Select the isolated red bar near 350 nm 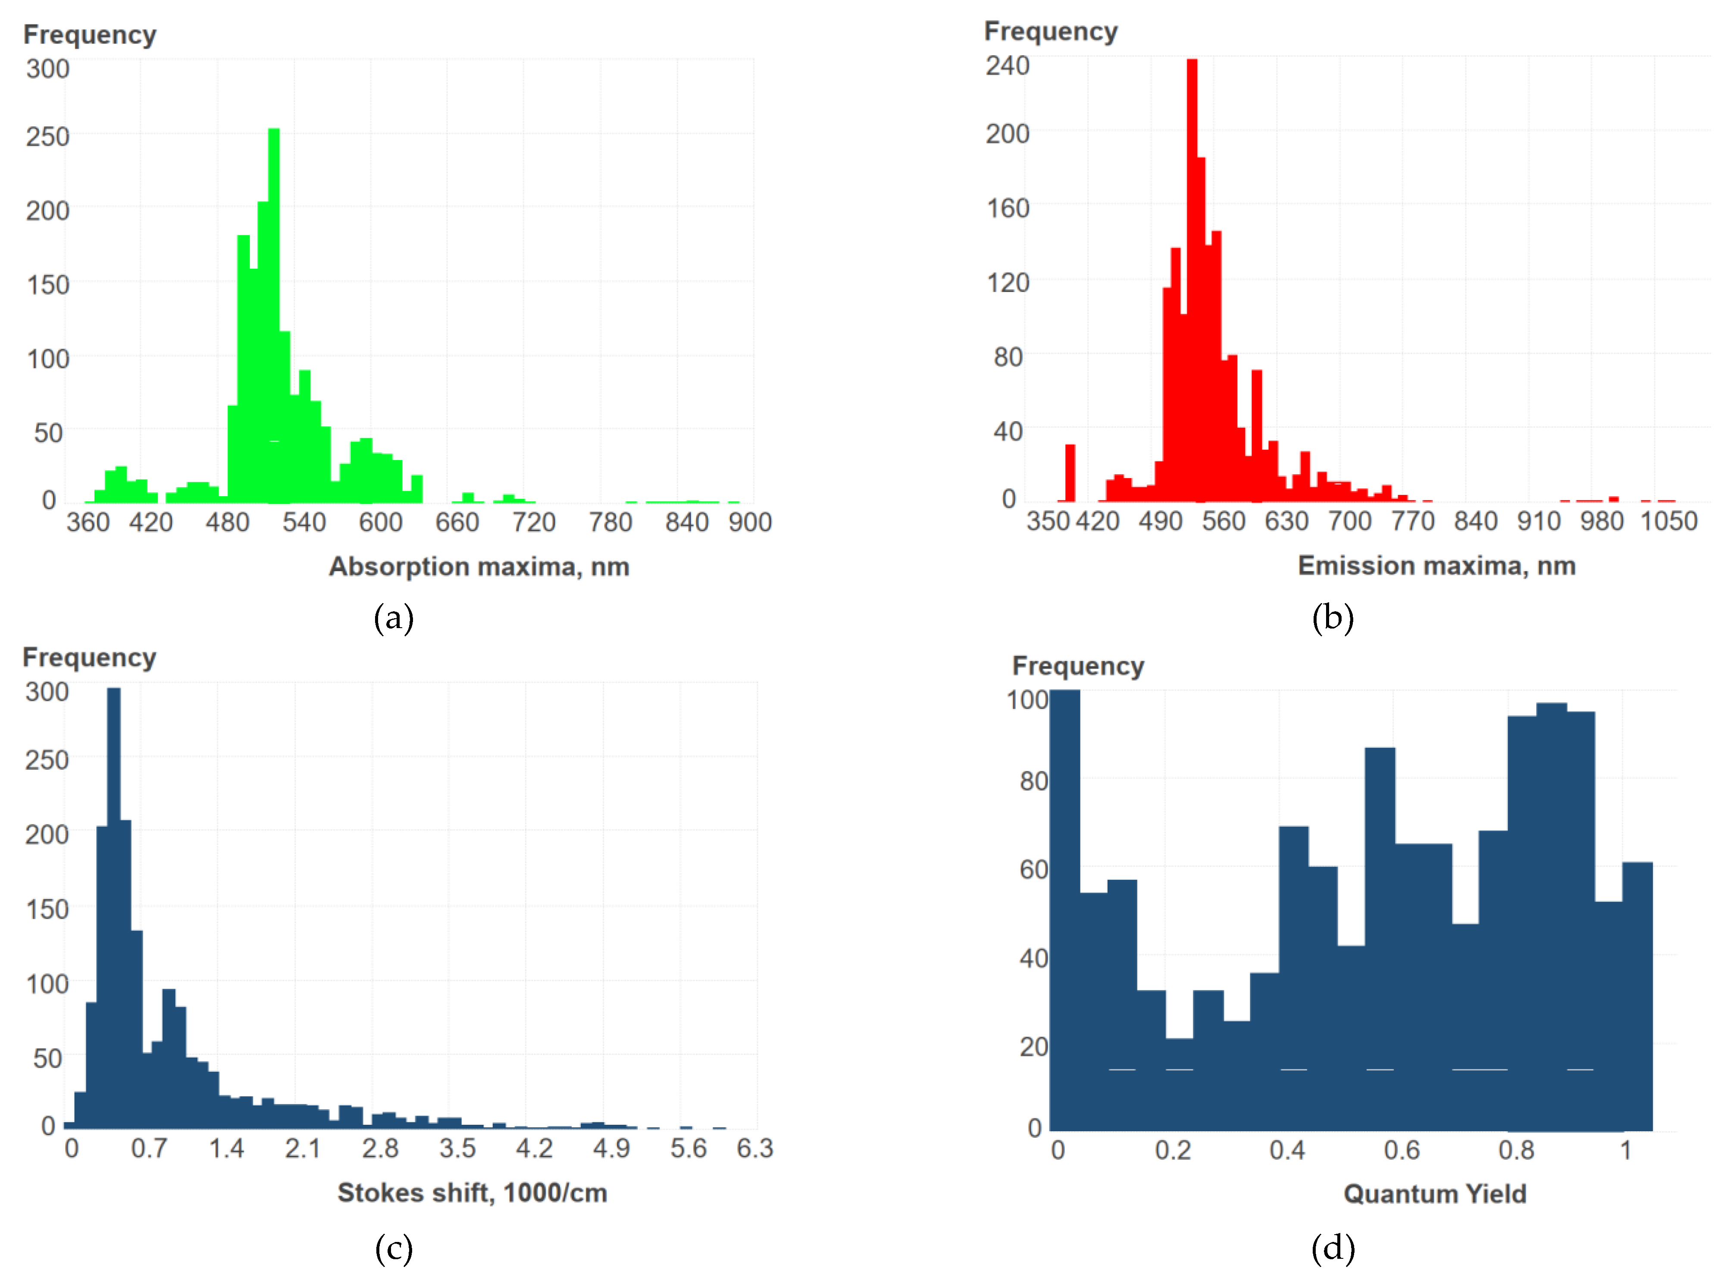[1070, 472]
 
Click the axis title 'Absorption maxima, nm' [479, 567]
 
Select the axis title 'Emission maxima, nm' [1436, 566]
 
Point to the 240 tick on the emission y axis [1007, 65]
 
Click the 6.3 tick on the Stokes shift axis [754, 1148]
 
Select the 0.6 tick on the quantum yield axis [1401, 1150]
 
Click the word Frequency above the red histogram [1050, 32]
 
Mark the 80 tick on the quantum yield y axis [1033, 781]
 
